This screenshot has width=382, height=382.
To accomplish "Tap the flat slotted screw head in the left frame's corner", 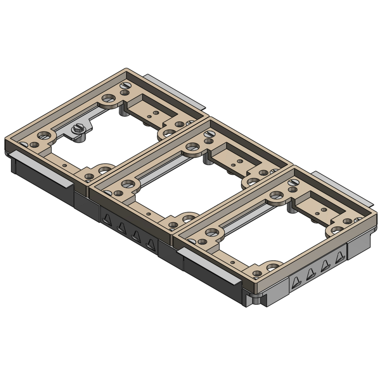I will [x=126, y=85].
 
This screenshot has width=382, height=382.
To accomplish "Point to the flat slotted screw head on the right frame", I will [x=295, y=182].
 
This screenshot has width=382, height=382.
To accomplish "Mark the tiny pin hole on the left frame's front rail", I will [x=65, y=165].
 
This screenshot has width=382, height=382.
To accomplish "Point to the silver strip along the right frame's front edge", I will [x=208, y=266].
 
